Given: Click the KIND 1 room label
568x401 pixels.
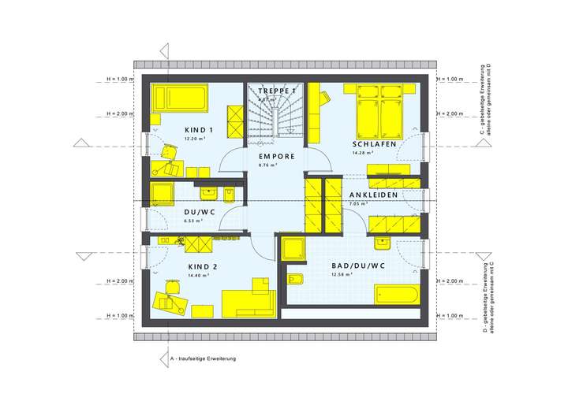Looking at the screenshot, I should click(x=199, y=130).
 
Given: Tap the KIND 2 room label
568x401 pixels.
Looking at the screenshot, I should click(x=203, y=266).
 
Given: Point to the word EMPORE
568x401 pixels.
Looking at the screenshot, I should click(x=277, y=157).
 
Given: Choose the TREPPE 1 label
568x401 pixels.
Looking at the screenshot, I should click(x=277, y=91).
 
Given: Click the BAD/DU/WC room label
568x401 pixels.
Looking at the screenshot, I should click(x=358, y=266).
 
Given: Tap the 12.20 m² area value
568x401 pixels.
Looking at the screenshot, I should click(x=195, y=139).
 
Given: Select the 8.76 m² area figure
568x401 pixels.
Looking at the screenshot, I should click(x=271, y=165).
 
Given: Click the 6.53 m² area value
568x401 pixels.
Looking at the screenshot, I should click(x=193, y=221).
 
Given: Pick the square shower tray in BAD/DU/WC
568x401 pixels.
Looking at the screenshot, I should click(x=294, y=249).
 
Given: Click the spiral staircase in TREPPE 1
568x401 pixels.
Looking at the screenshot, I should click(x=276, y=118).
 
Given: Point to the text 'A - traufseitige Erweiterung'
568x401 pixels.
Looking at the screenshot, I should click(x=203, y=358).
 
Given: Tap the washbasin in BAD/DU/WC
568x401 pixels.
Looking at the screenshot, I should click(x=382, y=240).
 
